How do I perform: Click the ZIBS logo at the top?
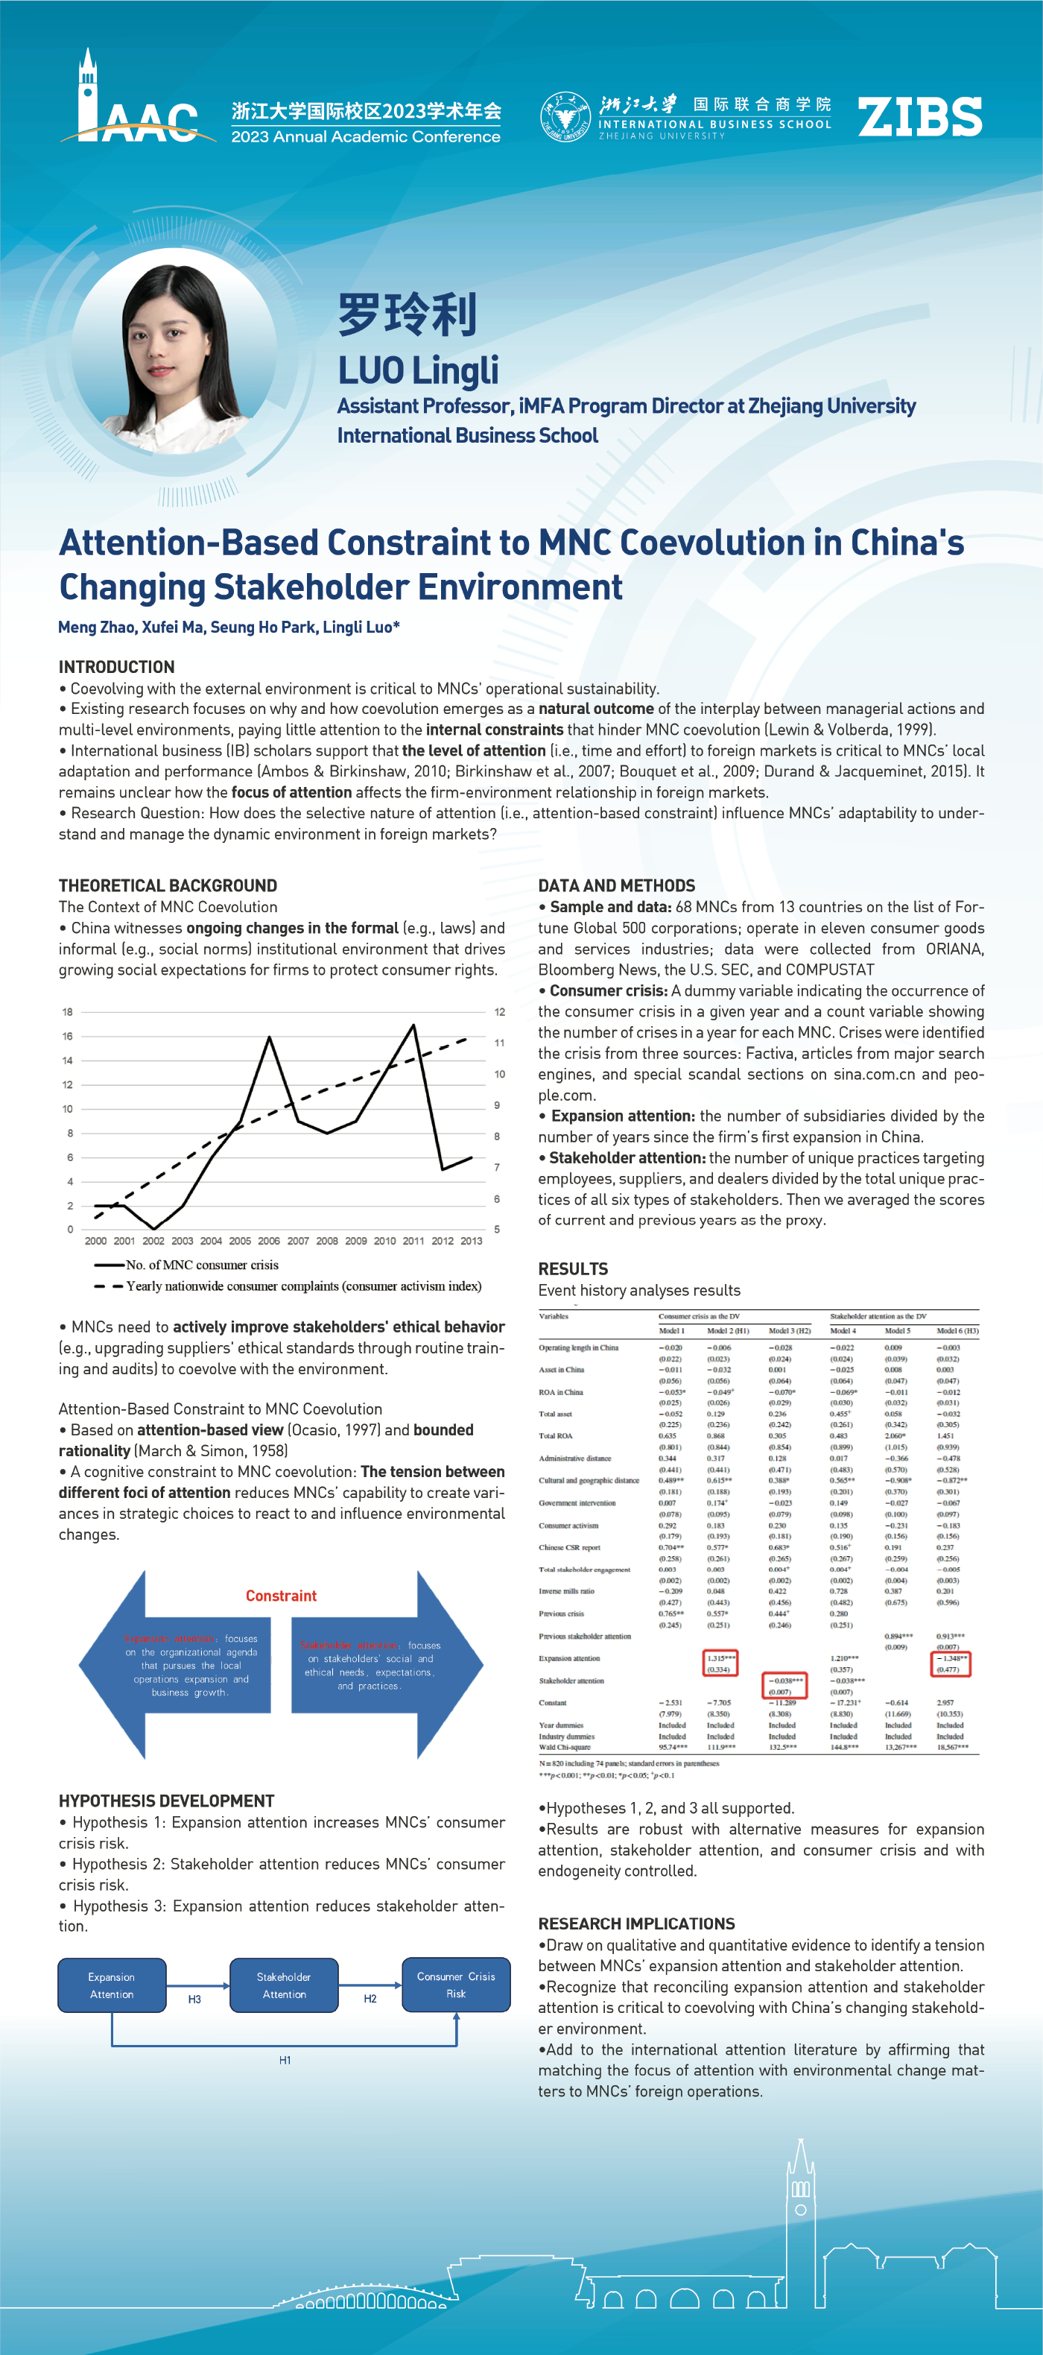click(919, 117)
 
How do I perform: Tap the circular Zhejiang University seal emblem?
click(564, 117)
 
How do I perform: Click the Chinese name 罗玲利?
click(408, 314)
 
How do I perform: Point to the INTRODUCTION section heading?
click(116, 666)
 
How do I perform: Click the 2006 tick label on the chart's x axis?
click(269, 1241)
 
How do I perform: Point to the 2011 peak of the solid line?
click(414, 1025)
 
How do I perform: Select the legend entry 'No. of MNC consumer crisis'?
click(201, 1265)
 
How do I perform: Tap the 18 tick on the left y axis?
click(68, 1012)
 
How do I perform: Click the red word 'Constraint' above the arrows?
click(281, 1596)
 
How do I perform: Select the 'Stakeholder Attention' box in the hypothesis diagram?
click(283, 1985)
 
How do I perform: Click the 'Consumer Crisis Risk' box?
click(455, 1984)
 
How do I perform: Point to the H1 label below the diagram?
click(285, 2060)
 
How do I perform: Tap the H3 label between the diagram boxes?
click(194, 2000)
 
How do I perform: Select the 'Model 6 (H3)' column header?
click(957, 1330)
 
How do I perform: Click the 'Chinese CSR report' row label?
click(569, 1547)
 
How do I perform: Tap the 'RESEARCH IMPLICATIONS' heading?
click(636, 1923)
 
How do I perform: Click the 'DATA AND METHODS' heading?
click(616, 885)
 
